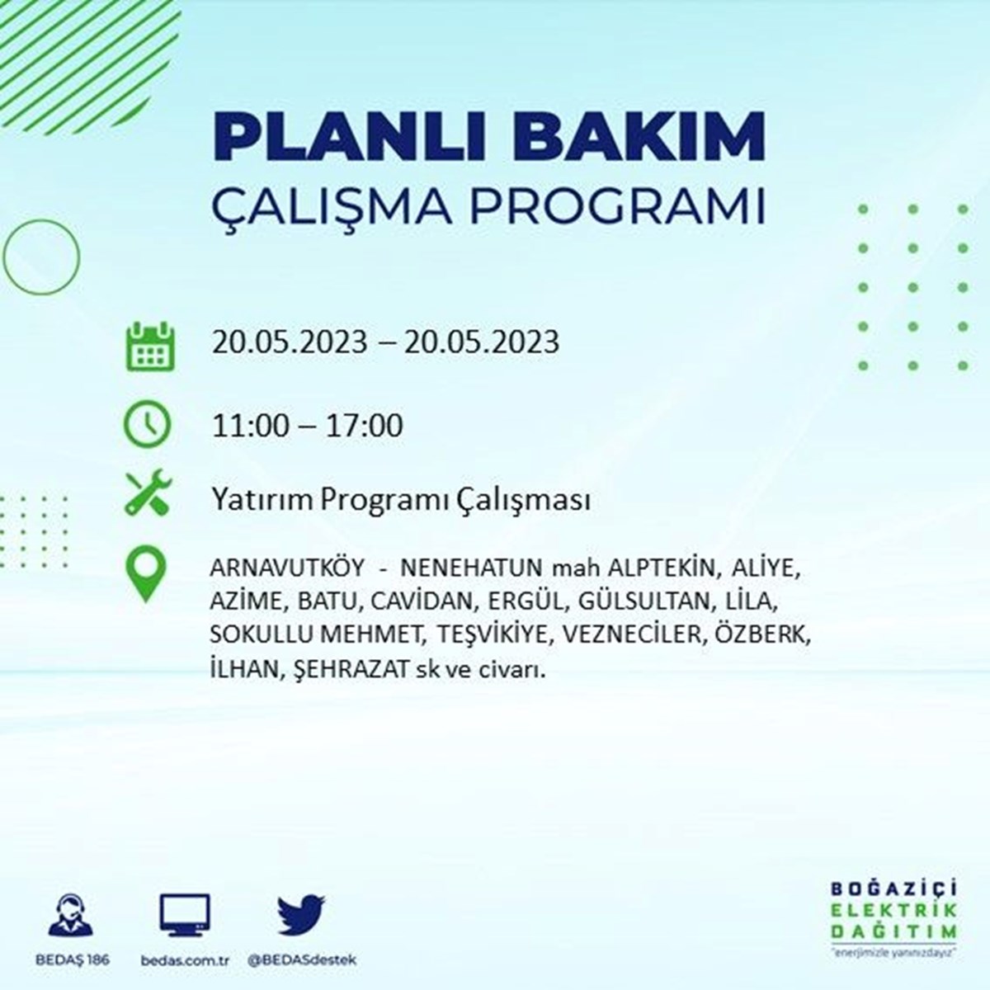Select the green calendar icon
tap(150, 346)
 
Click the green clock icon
tap(147, 424)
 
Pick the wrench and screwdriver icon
tap(148, 493)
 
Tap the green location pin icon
tap(146, 573)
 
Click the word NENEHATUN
tap(471, 568)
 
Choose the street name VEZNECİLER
tap(632, 635)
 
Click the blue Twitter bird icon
tap(302, 914)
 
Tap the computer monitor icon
tap(185, 914)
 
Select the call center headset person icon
tap(71, 914)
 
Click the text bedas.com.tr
tap(185, 960)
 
